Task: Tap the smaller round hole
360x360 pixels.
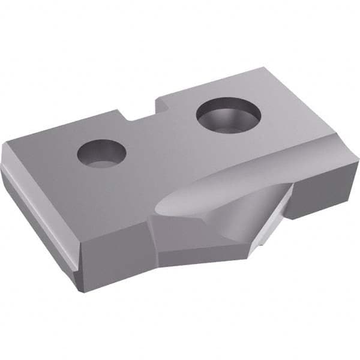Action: coord(101,154)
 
